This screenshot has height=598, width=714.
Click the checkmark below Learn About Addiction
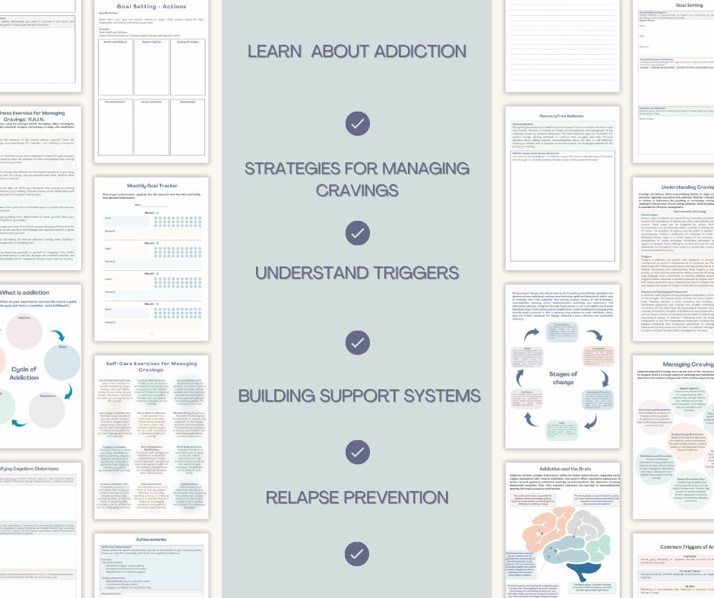[x=356, y=123]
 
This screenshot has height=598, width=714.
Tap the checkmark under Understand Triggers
[x=356, y=343]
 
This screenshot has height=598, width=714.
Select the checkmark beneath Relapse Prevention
[x=356, y=552]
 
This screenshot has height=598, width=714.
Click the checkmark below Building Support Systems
[x=356, y=453]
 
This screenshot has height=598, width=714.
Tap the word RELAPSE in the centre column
[x=313, y=498]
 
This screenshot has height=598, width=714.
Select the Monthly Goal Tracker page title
[x=151, y=187]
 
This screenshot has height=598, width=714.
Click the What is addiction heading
[x=24, y=292]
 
